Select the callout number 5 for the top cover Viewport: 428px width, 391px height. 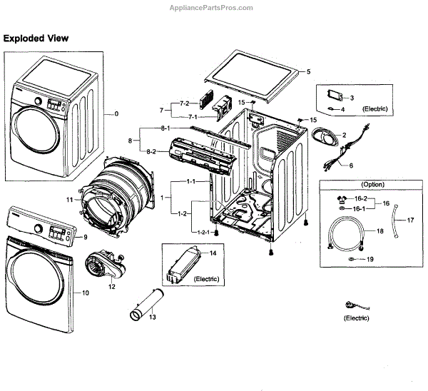pos(309,72)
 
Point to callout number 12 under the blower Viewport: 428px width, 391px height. pos(111,287)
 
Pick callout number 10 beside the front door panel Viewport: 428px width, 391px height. pos(86,293)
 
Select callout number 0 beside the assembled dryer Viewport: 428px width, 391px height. pos(116,114)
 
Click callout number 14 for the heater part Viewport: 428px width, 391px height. pos(212,254)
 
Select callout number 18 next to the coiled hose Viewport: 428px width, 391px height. pos(379,232)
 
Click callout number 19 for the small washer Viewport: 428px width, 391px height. pos(370,260)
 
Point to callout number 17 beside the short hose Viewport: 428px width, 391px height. pos(410,220)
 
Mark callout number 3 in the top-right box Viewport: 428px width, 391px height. pos(352,97)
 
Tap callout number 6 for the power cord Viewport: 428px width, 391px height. pos(350,166)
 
